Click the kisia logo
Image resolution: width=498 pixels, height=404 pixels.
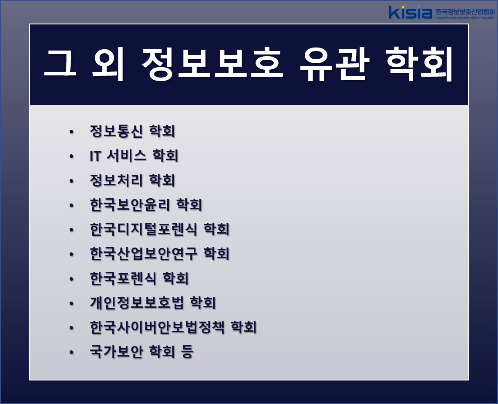(411, 12)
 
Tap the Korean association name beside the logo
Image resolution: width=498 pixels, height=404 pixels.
(465, 12)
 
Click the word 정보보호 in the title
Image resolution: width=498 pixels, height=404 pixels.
(212, 64)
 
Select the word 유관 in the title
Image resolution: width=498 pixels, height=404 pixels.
(335, 64)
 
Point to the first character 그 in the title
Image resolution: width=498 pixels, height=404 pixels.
(60, 63)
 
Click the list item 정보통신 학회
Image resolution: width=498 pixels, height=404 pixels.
(132, 131)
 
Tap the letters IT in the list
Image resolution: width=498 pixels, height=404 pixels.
(96, 156)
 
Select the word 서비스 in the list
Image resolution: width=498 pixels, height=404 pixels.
(126, 156)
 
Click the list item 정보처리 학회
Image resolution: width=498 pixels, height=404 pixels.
(132, 180)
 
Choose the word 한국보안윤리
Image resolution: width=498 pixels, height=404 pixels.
(130, 205)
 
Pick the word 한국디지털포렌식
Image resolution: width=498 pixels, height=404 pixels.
(144, 229)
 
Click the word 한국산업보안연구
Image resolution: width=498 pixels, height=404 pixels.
(144, 254)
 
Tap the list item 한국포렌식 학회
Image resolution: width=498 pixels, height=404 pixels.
(139, 278)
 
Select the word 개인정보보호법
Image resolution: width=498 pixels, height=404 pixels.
(137, 302)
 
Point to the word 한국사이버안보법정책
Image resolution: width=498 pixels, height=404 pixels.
(157, 327)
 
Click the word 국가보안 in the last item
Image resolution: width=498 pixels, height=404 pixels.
(117, 352)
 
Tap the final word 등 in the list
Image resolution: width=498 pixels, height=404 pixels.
(187, 352)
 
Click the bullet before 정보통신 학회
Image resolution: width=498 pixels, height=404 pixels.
(71, 132)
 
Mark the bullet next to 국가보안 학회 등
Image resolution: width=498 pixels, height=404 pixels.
(71, 352)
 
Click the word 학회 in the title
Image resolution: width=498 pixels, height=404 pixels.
(419, 64)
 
